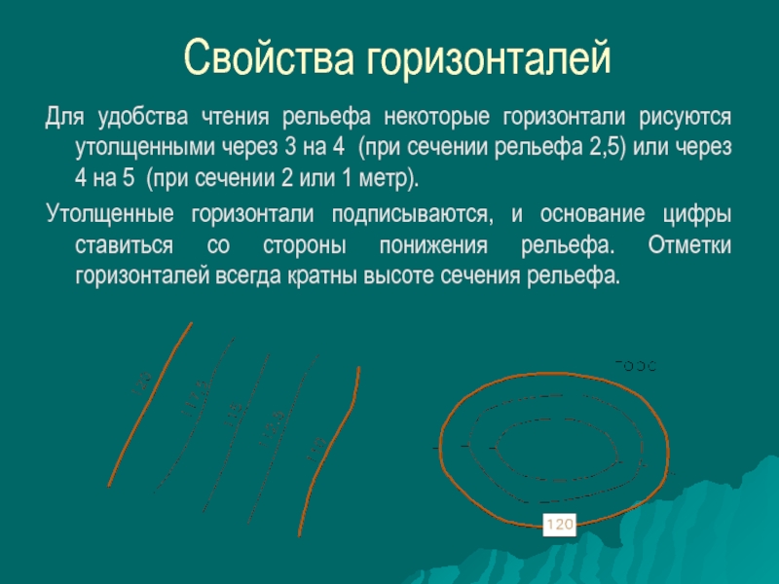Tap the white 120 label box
(x=560, y=526)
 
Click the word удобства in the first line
(x=141, y=118)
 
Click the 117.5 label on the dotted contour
(x=192, y=396)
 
